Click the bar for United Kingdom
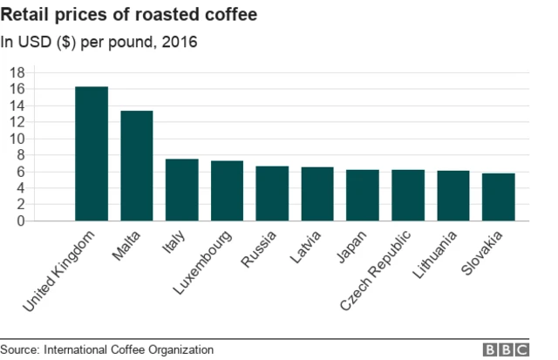92,154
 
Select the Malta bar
136,166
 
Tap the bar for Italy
181,190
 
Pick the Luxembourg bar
227,191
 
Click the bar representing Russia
272,194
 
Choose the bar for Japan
363,195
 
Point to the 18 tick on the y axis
16,72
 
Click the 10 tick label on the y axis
16,139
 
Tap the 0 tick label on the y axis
19,221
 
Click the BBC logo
507,350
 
